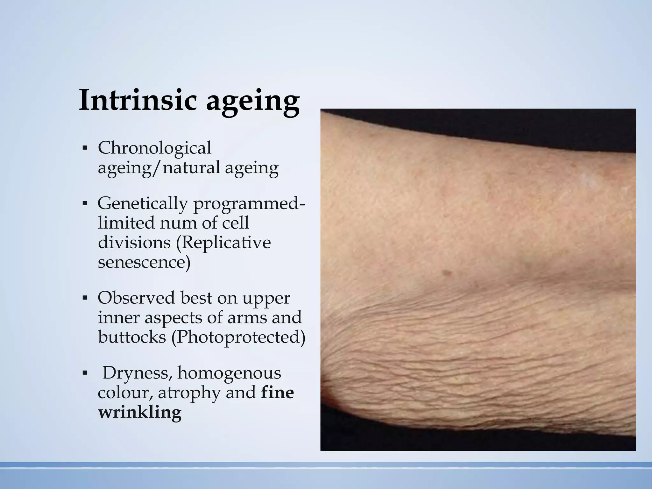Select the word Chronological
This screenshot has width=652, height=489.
154,148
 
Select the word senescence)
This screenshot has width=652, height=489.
144,262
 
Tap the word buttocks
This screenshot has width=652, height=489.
132,337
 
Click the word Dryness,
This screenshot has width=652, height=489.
138,373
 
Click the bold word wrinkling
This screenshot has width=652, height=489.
139,413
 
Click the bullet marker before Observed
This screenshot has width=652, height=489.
84,298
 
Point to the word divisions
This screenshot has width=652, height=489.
134,243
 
